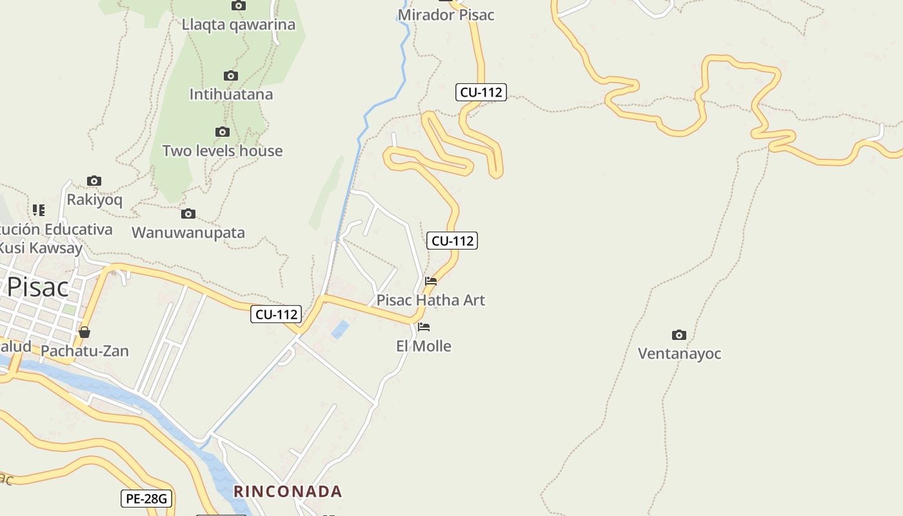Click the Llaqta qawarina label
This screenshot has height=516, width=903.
point(238,25)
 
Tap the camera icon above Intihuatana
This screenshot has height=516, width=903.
point(230,76)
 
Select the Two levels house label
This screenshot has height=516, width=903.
point(222,151)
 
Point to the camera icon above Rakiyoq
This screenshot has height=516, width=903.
point(94,181)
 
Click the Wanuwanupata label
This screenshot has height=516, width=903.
point(188,233)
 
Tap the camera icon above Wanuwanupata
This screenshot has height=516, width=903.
point(188,214)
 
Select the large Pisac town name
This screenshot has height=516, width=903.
point(37,287)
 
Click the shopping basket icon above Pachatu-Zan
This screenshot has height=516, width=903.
point(84,333)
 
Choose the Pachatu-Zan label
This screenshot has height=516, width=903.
point(84,352)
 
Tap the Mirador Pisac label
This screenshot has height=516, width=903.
point(446,15)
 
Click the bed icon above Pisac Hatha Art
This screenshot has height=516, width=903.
point(431,281)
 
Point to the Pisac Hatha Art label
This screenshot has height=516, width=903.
point(430,300)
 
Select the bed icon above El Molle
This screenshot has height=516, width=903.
point(424,327)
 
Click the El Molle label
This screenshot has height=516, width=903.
point(423,346)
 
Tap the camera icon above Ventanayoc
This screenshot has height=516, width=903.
point(679,335)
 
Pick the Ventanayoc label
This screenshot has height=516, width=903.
point(679,353)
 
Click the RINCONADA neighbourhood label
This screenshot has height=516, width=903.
point(287,491)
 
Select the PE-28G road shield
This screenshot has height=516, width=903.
point(146,499)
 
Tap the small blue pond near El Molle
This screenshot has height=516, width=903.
point(340,330)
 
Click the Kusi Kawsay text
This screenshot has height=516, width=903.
point(40,248)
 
